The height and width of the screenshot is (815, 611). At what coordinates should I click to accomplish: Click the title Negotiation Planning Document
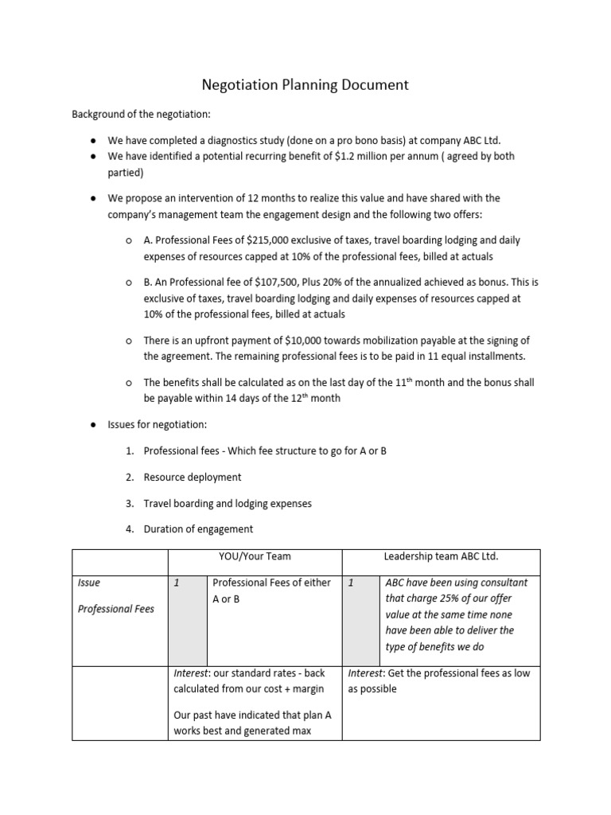pyautogui.click(x=305, y=84)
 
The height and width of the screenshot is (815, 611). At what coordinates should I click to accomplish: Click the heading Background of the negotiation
pyautogui.click(x=141, y=115)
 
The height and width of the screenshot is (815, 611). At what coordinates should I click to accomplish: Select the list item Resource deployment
pyautogui.click(x=192, y=477)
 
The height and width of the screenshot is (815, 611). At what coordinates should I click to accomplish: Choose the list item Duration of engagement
pyautogui.click(x=198, y=528)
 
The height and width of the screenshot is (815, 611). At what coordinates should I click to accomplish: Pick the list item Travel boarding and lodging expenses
pyautogui.click(x=228, y=503)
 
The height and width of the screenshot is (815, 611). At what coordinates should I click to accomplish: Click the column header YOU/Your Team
pyautogui.click(x=254, y=556)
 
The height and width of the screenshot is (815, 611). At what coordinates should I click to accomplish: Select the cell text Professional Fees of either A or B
pyautogui.click(x=271, y=591)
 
